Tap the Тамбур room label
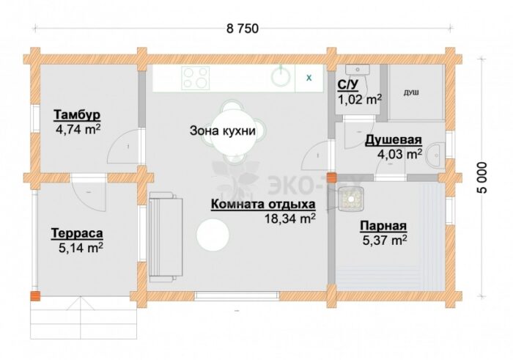pos(76,115)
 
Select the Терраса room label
pos(76,233)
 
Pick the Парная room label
pos(383,226)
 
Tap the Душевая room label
pos(394,140)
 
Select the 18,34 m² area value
pos(291,218)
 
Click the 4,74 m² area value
pos(78,129)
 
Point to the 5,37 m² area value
pos(384,240)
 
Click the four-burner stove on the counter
pos(196,78)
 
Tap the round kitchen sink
pos(281,76)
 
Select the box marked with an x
pos(309,78)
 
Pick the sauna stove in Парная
pos(351,199)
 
